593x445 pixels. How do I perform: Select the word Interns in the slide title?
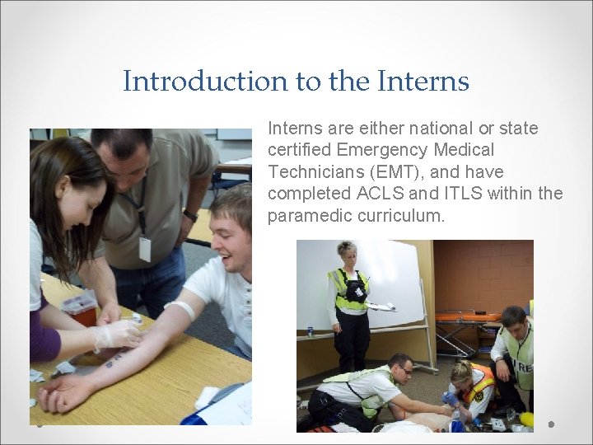tap(423, 82)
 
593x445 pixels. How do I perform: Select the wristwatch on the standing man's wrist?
tap(190, 216)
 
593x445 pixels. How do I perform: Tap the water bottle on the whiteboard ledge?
tap(310, 330)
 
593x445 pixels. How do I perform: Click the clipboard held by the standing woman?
tap(379, 307)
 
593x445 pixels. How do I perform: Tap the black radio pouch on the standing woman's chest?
tap(354, 289)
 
